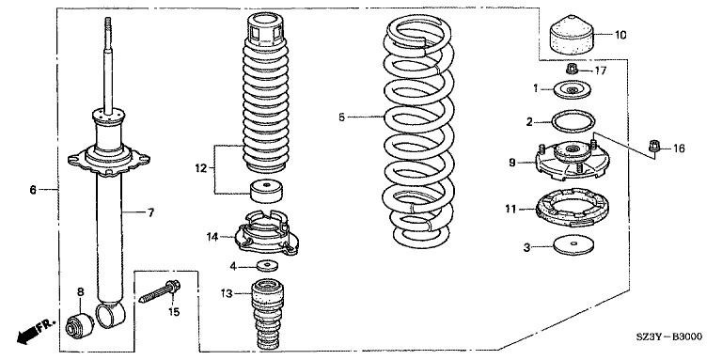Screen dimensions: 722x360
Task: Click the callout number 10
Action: point(620,35)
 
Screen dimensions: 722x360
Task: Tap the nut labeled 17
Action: point(572,70)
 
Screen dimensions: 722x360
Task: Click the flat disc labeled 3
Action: point(573,246)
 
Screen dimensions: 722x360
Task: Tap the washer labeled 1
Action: point(573,89)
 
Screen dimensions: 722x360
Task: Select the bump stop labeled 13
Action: point(266,315)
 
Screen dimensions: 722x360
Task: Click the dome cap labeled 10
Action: point(571,35)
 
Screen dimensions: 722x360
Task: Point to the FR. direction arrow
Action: point(36,330)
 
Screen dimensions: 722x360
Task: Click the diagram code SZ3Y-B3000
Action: point(669,337)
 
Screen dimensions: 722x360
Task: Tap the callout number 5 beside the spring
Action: point(341,117)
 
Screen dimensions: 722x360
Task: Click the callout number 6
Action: point(33,189)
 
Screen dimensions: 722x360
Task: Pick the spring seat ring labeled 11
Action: point(571,208)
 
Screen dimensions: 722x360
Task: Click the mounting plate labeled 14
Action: point(267,231)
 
